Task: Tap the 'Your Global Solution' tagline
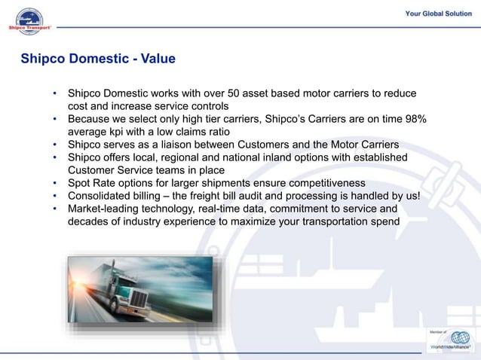tap(438, 14)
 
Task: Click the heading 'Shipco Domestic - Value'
tap(97, 58)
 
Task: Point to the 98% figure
tap(415, 119)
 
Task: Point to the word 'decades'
tap(89, 221)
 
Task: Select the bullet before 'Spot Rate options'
tap(55, 183)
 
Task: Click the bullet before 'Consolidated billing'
tap(55, 196)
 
